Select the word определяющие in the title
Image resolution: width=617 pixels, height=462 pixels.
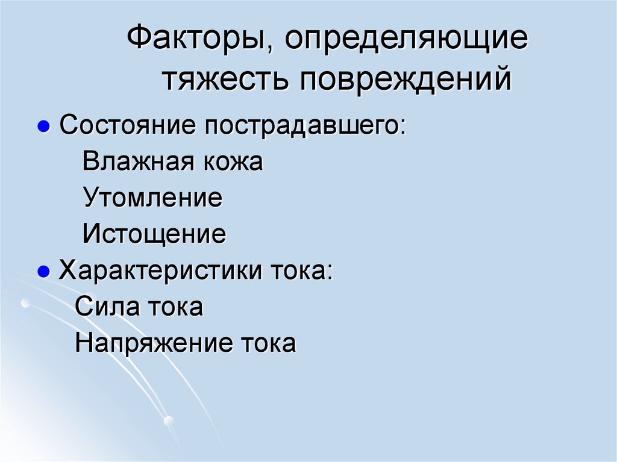(406, 43)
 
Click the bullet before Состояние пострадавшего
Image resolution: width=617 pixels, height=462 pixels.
(43, 128)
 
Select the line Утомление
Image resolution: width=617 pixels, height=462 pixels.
(152, 198)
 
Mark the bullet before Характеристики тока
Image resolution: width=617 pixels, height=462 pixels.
(43, 272)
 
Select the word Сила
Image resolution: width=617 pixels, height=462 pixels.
(106, 307)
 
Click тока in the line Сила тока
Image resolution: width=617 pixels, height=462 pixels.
(176, 307)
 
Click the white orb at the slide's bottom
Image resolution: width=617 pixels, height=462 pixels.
(169, 420)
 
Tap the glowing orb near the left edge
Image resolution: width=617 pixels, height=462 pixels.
(25, 303)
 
